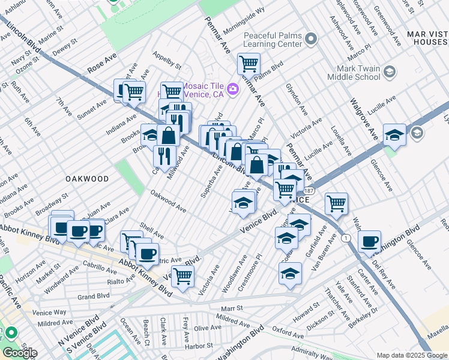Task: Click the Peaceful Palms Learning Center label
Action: tap(272, 40)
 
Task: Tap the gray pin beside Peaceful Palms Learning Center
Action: tap(310, 40)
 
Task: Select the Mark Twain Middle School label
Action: tap(354, 73)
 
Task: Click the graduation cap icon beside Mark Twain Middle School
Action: tap(389, 72)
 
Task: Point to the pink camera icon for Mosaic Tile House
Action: tap(233, 89)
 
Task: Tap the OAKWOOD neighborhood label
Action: tap(88, 179)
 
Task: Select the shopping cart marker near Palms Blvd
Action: tap(248, 63)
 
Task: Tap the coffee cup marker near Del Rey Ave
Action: tap(369, 242)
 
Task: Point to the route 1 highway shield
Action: tap(346, 238)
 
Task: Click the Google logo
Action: tap(20, 353)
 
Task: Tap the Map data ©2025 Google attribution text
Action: tap(412, 355)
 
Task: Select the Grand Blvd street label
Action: tap(93, 296)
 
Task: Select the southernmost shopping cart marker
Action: tap(182, 277)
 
